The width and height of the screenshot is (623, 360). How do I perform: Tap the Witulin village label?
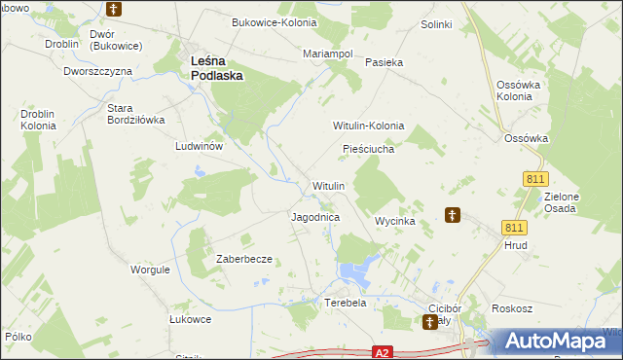click(x=328, y=185)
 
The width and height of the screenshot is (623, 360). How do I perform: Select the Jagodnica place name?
click(x=315, y=218)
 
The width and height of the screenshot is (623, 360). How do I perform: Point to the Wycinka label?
click(x=396, y=222)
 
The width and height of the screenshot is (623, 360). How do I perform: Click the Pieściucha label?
click(x=368, y=149)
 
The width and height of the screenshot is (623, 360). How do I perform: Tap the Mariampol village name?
click(x=328, y=54)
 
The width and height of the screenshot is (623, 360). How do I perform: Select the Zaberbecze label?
click(x=243, y=260)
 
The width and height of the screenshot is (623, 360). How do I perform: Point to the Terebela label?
click(x=345, y=303)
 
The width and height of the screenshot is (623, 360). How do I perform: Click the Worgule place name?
click(x=151, y=269)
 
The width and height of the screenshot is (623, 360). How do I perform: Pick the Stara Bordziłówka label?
click(x=135, y=114)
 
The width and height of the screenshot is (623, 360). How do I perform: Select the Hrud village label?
click(x=516, y=247)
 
